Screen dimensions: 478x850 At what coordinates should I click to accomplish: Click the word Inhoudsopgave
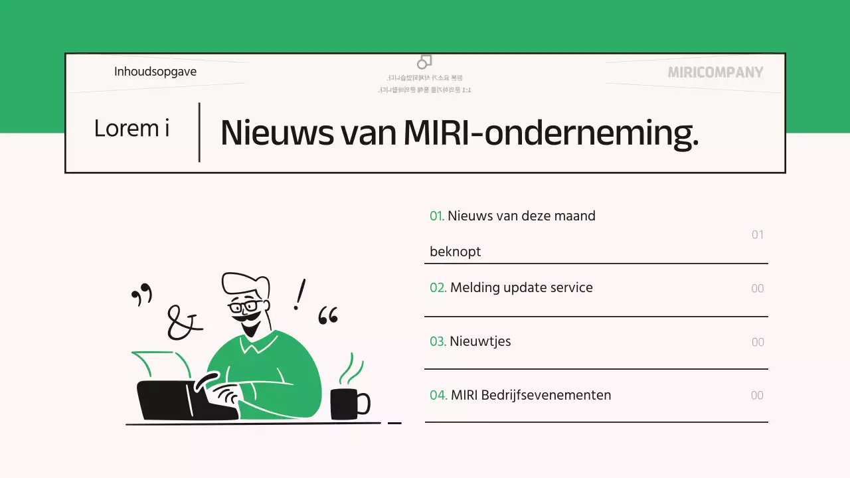point(155,72)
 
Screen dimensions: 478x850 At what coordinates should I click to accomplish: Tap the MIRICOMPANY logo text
point(715,72)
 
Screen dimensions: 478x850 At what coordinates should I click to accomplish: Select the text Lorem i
point(131,128)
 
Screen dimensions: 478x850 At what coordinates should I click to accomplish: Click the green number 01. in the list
point(436,216)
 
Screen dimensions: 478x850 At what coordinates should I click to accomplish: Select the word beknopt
point(455,252)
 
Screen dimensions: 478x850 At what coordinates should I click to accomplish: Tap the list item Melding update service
point(521,287)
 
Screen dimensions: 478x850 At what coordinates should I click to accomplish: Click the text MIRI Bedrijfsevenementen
point(531,395)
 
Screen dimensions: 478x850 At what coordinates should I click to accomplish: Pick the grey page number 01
point(758,235)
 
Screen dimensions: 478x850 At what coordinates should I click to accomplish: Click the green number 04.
point(438,395)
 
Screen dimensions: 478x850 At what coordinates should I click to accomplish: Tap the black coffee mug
point(347,404)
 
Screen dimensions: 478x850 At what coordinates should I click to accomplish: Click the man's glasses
point(245,307)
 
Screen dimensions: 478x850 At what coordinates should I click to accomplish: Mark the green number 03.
point(438,342)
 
